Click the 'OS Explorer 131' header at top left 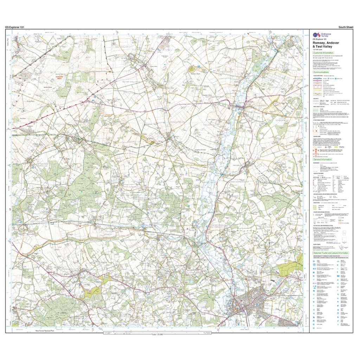(15, 27)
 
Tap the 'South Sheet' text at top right (346, 27)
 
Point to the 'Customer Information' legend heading (323, 52)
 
